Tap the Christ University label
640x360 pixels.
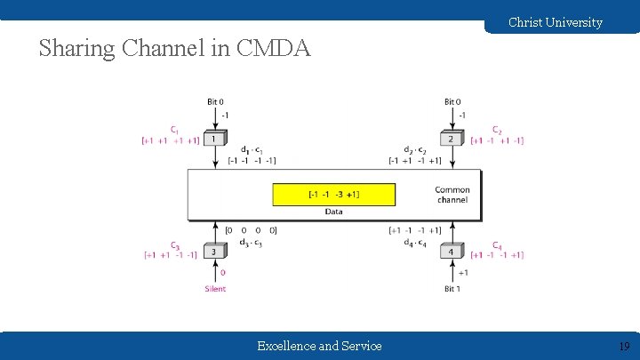555,22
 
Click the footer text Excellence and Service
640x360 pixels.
319,346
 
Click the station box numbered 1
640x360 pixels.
214,139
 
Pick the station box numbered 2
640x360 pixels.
452,139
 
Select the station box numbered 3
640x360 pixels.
214,252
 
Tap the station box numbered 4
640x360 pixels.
452,252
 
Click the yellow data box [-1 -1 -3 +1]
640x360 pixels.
333,195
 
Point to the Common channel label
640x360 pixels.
452,195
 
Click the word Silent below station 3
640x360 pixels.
215,288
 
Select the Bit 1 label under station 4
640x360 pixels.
452,288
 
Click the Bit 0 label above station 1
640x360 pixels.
215,102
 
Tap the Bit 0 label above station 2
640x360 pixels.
452,102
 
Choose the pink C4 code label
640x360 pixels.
497,245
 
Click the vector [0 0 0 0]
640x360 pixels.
251,230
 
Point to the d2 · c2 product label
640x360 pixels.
415,149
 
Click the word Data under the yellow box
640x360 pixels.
333,212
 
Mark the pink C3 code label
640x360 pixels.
175,245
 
